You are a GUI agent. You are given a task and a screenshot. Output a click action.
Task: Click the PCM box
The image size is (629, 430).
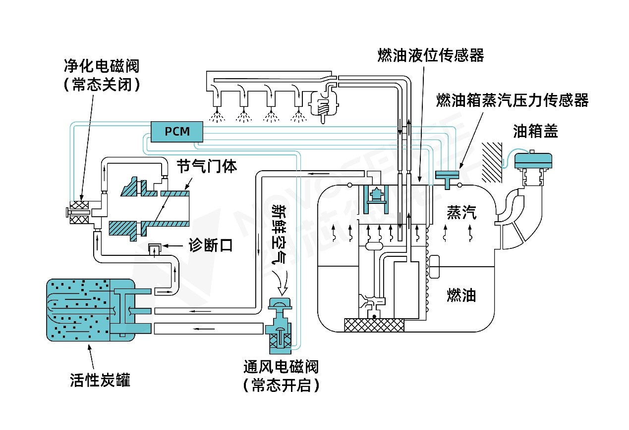pos(176,132)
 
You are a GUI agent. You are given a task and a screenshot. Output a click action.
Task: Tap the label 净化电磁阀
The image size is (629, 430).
pos(102,66)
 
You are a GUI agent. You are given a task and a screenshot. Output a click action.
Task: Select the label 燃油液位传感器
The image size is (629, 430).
pos(430,55)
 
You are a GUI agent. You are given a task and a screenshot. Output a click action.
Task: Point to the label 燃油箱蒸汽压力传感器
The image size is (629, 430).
pos(512,100)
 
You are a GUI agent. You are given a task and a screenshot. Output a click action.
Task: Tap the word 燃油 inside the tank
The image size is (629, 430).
pos(461,295)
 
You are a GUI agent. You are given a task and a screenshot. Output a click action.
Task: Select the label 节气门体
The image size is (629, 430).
pos(207,166)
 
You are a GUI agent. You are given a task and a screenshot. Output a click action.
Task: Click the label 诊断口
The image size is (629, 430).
pos(211,245)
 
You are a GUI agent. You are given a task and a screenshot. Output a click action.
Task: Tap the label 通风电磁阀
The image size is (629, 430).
pos(281,367)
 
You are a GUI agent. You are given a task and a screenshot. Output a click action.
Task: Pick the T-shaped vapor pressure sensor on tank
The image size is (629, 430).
pos(447,177)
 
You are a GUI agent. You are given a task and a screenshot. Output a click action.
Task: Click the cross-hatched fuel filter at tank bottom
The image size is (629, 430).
pos(374,325)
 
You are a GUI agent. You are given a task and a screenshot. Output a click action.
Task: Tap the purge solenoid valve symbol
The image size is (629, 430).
pos(79,213)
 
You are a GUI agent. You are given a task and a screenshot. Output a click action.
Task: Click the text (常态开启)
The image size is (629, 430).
pos(281,385)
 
